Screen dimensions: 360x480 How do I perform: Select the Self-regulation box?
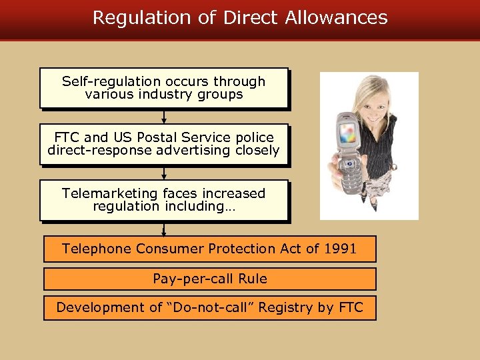(x=163, y=88)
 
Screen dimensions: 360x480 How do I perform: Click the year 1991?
(x=340, y=249)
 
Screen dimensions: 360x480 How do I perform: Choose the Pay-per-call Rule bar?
(x=209, y=279)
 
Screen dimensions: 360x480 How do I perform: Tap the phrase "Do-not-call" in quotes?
(x=217, y=307)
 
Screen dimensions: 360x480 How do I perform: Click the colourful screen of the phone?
(x=347, y=133)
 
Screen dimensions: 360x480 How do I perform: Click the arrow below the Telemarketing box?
(x=164, y=229)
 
